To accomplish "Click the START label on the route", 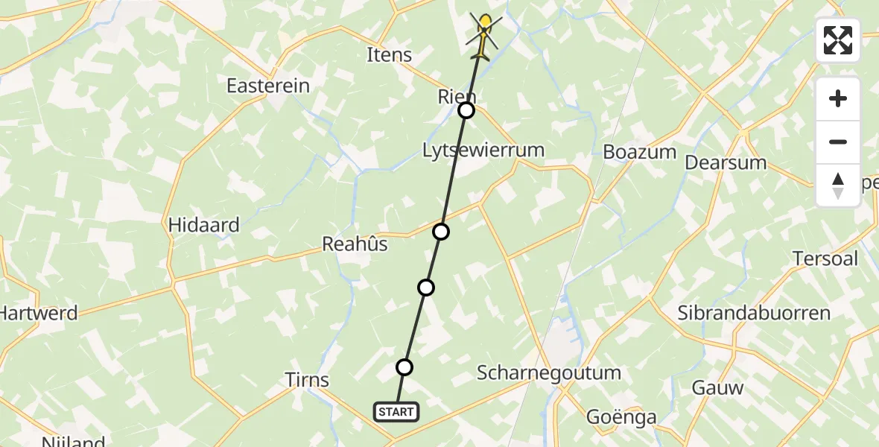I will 396,411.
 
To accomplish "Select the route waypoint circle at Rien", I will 466,110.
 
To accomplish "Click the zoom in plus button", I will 838,98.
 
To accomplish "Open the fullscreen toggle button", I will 838,40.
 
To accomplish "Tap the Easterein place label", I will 268,86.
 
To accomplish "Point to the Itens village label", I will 390,54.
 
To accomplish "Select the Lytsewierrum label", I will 483,150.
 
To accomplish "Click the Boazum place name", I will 640,152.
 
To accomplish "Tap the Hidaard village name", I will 204,225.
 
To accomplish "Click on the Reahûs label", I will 355,244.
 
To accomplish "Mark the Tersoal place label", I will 825,259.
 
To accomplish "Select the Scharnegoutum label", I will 549,372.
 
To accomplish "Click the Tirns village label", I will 307,380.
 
